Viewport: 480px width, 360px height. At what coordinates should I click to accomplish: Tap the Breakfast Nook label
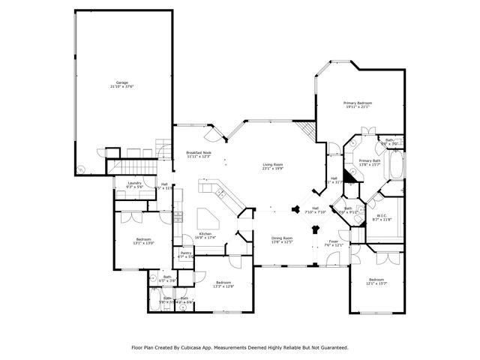click(198, 152)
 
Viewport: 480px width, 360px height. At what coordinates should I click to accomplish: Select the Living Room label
click(272, 164)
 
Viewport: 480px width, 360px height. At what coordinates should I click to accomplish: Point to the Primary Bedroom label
click(358, 103)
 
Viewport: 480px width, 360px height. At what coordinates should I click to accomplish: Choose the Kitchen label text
click(205, 233)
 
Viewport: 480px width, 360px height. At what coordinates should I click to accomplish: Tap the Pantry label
click(185, 253)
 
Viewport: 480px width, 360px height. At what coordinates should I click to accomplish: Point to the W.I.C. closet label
click(382, 216)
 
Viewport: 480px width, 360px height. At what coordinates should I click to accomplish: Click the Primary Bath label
click(370, 160)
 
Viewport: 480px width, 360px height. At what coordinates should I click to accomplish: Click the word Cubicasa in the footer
click(196, 348)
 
